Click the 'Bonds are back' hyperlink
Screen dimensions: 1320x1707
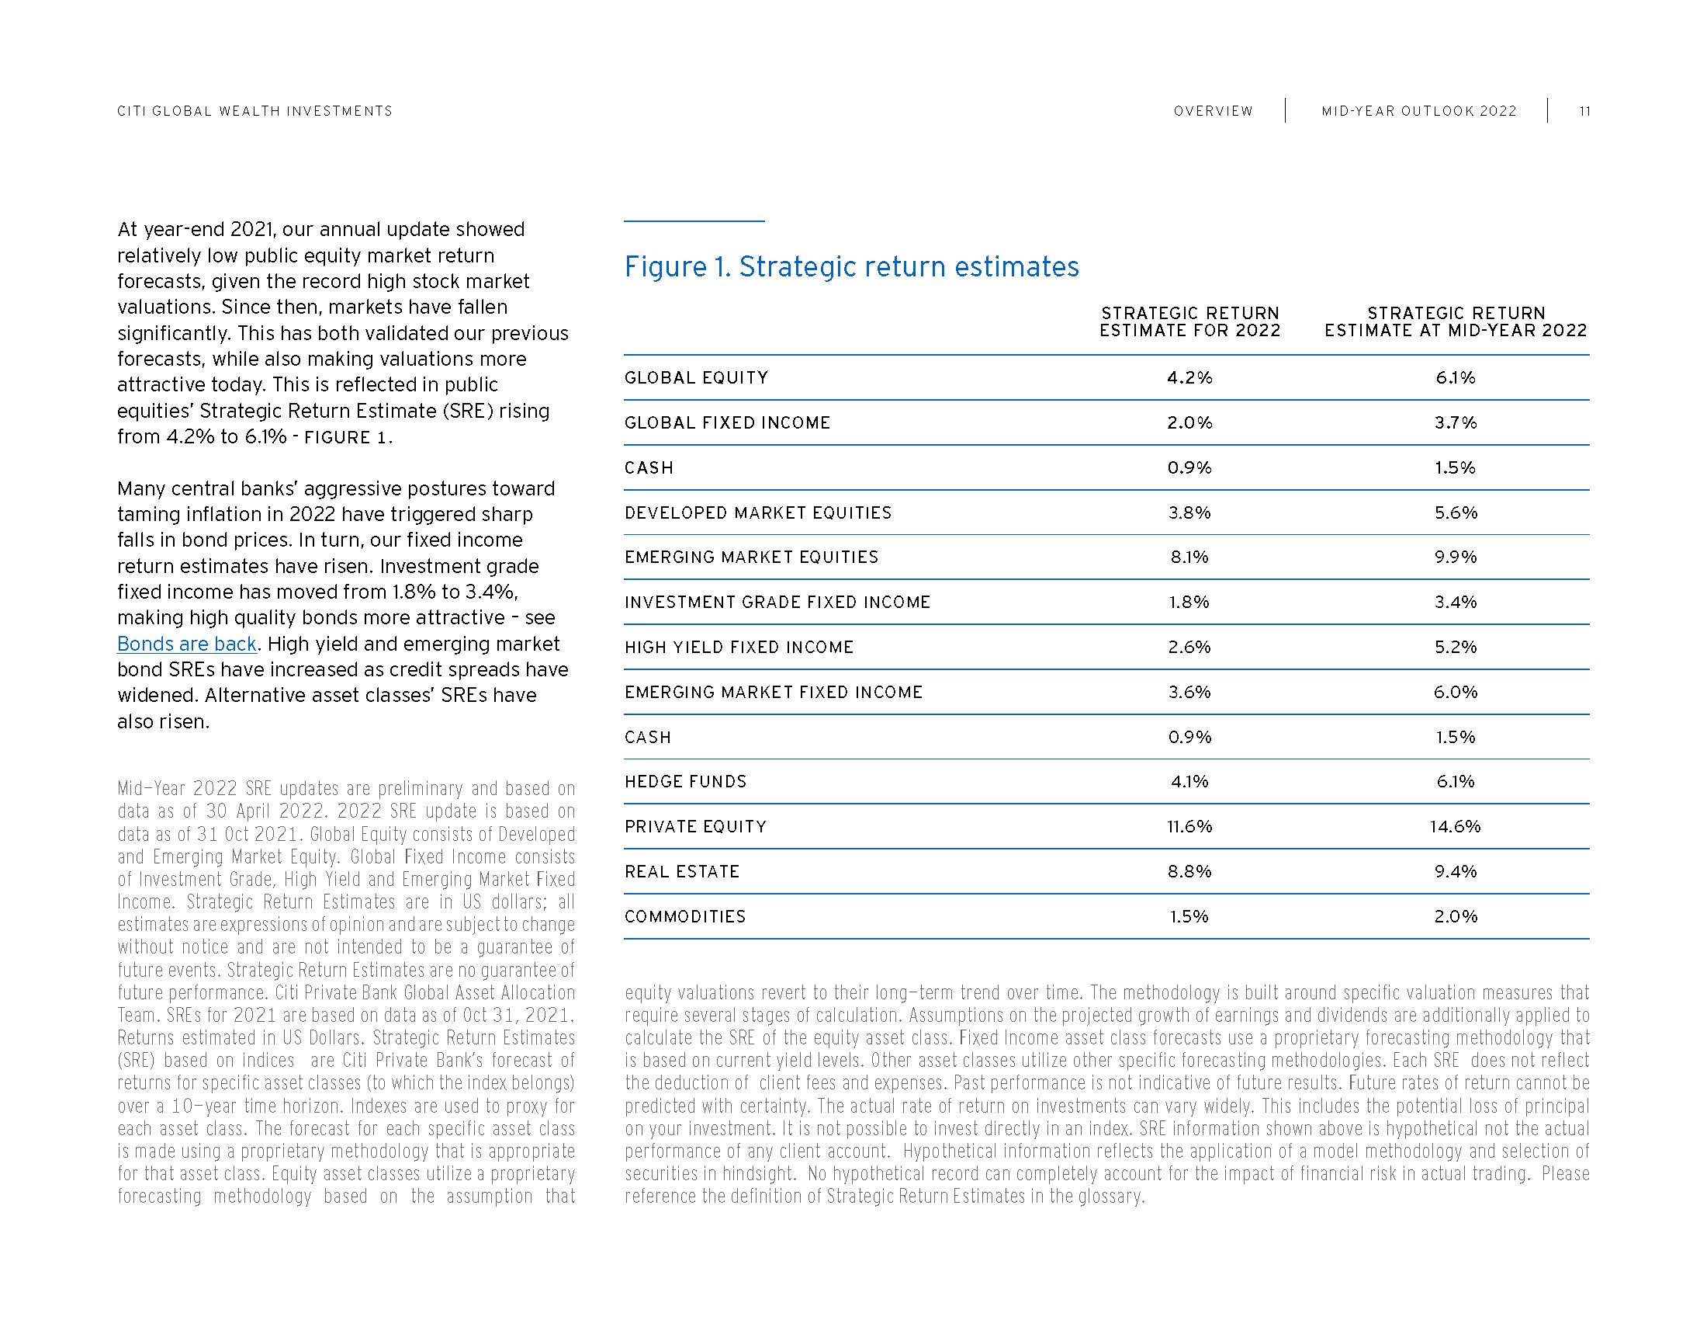[187, 644]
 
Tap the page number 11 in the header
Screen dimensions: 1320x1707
[1584, 111]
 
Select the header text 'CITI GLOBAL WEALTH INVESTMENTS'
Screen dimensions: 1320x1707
[254, 111]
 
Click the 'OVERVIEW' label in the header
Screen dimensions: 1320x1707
[1213, 111]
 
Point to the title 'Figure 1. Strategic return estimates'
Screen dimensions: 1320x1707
[851, 266]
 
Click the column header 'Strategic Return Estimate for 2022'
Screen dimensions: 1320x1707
[1189, 322]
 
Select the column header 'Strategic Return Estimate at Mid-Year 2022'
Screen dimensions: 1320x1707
[1456, 322]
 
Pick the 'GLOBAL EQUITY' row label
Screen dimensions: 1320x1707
[697, 377]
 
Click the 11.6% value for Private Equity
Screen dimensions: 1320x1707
[1189, 827]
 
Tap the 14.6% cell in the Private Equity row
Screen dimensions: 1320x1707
[1456, 827]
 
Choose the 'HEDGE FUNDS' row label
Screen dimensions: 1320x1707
[685, 781]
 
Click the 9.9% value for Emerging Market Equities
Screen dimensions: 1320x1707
[1456, 557]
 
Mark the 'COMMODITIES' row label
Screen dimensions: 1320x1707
[685, 916]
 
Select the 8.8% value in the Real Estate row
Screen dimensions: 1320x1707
[1189, 871]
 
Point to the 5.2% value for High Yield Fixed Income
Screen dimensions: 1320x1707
[1456, 647]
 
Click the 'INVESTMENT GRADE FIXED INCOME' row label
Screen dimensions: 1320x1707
[777, 602]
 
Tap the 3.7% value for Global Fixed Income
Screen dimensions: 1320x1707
[1456, 422]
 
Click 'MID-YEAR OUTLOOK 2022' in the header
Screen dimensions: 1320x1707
[1418, 111]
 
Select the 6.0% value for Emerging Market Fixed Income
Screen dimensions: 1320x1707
[1456, 692]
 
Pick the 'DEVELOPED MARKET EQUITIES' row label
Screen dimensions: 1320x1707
[758, 512]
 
